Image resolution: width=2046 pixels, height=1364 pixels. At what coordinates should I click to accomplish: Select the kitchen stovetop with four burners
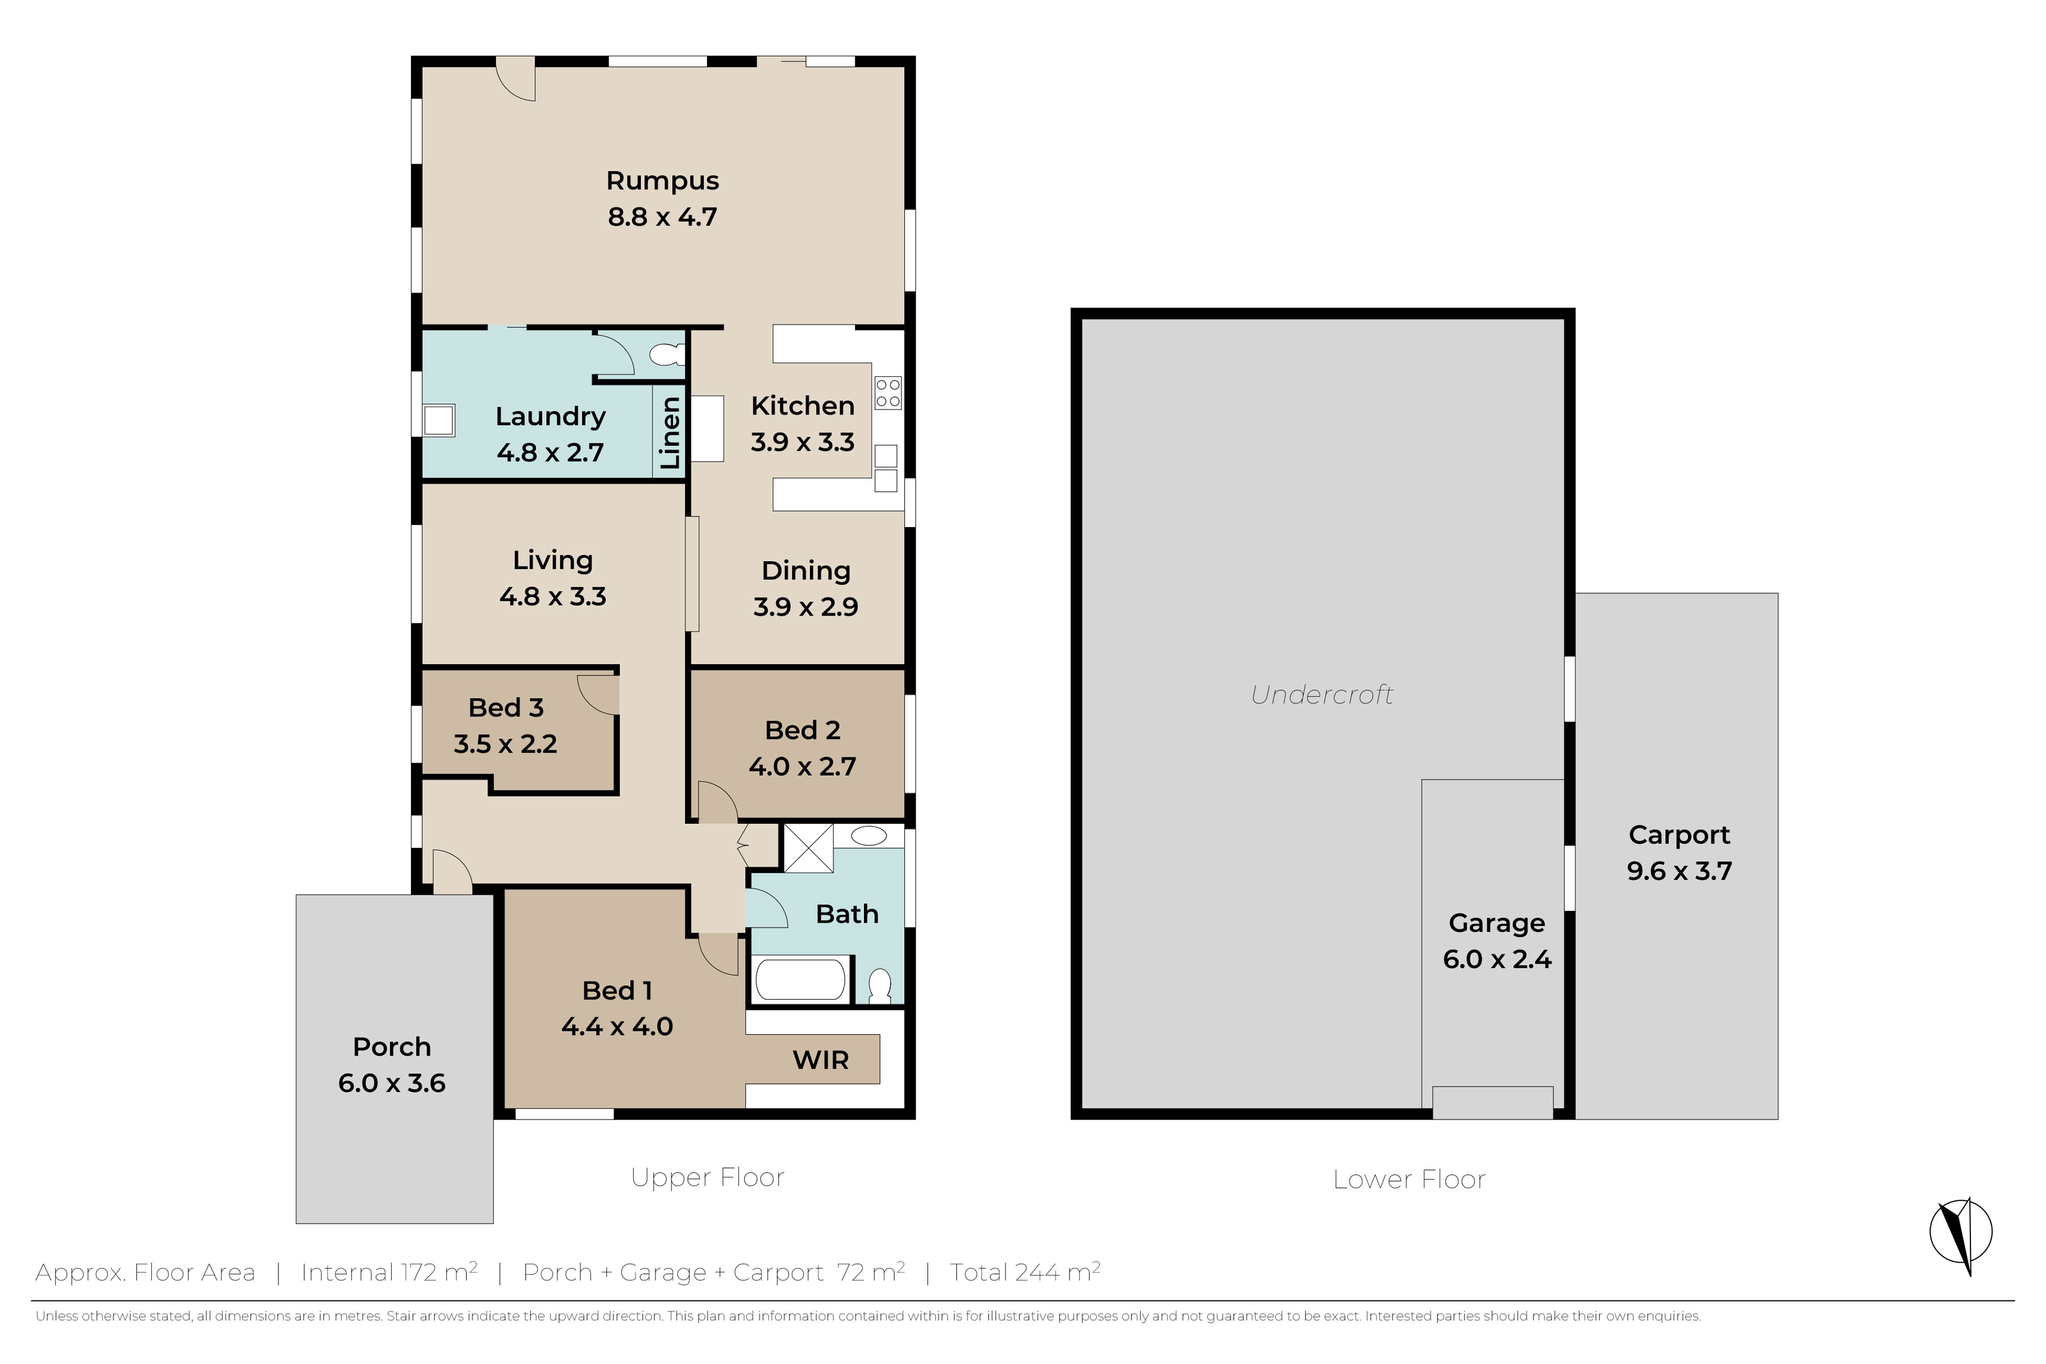click(x=888, y=392)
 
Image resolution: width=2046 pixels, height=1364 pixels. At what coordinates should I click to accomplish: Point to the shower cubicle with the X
click(x=809, y=847)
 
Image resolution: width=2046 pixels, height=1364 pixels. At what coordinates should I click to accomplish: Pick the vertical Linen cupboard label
click(x=669, y=432)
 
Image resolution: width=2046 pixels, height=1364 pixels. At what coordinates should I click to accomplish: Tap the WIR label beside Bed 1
click(x=820, y=1060)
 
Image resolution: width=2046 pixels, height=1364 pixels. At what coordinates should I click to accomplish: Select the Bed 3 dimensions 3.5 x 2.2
click(x=505, y=744)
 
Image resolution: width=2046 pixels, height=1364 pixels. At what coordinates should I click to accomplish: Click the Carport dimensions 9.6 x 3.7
click(x=1679, y=871)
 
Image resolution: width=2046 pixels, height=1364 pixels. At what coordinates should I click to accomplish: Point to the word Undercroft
click(x=1322, y=694)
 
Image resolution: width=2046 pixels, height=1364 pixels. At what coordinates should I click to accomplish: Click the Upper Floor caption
click(x=707, y=1178)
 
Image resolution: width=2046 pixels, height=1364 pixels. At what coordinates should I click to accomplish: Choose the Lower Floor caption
click(x=1409, y=1180)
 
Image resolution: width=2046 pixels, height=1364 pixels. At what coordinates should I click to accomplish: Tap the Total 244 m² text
click(x=1025, y=1272)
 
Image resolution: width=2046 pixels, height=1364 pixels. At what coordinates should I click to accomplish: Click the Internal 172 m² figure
click(x=389, y=1272)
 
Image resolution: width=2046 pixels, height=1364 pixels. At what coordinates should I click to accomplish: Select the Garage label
click(x=1496, y=923)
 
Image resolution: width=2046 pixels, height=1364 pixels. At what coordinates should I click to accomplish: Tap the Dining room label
click(x=805, y=571)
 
